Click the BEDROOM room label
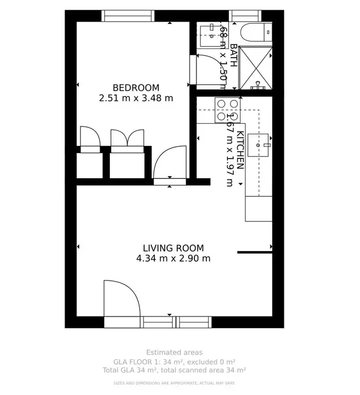(x=136, y=88)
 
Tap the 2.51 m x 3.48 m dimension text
(x=136, y=98)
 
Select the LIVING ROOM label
(x=173, y=248)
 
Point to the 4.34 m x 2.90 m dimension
(x=173, y=259)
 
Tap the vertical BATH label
(x=233, y=55)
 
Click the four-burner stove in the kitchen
(x=228, y=109)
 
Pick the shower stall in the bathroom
(x=255, y=68)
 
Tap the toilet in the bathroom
(x=252, y=32)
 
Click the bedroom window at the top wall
(x=128, y=16)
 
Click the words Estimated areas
(x=174, y=353)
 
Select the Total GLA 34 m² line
(x=174, y=370)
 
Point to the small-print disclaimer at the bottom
(x=174, y=383)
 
